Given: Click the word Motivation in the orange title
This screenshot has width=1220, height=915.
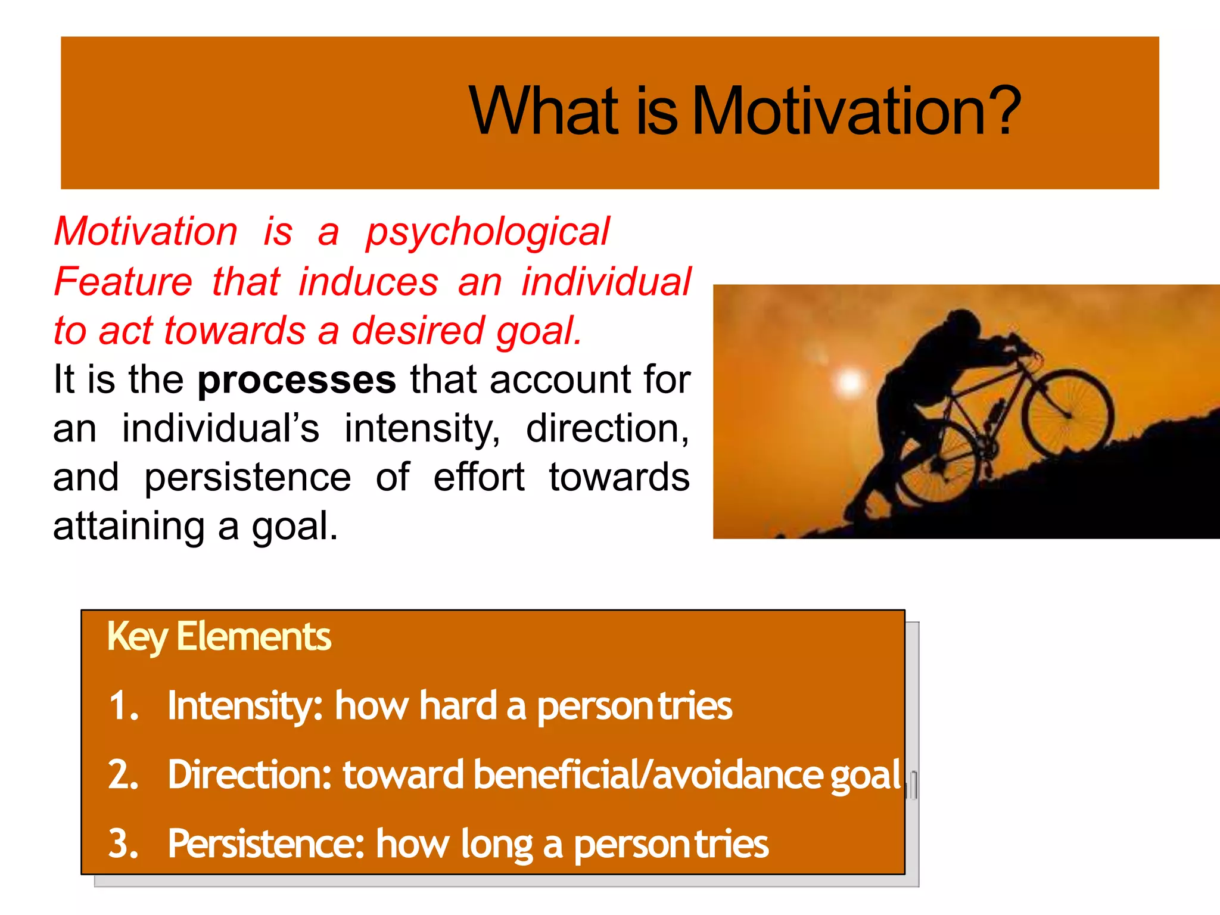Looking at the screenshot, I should coord(840,112).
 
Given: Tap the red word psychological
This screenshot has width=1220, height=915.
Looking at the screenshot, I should coord(487,232).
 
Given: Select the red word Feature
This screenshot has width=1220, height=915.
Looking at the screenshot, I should coord(123,282).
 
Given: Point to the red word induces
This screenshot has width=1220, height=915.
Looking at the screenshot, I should coord(368,282).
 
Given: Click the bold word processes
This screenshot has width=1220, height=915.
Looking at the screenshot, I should coord(297,380).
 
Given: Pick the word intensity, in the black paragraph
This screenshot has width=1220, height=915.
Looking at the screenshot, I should coord(422,429).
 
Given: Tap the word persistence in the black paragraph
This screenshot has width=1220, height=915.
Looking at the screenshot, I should coord(247,478).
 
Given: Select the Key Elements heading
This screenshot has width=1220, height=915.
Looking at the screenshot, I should coord(219,637).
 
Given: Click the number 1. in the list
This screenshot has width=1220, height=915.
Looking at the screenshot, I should coord(123,706).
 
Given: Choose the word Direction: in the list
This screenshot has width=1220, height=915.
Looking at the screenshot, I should coord(249,775).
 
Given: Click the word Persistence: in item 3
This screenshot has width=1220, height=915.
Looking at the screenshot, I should coord(266,844).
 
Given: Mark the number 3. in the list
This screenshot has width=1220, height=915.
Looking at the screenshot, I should coord(123,844).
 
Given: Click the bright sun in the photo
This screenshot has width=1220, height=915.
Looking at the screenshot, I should coord(849,382).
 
